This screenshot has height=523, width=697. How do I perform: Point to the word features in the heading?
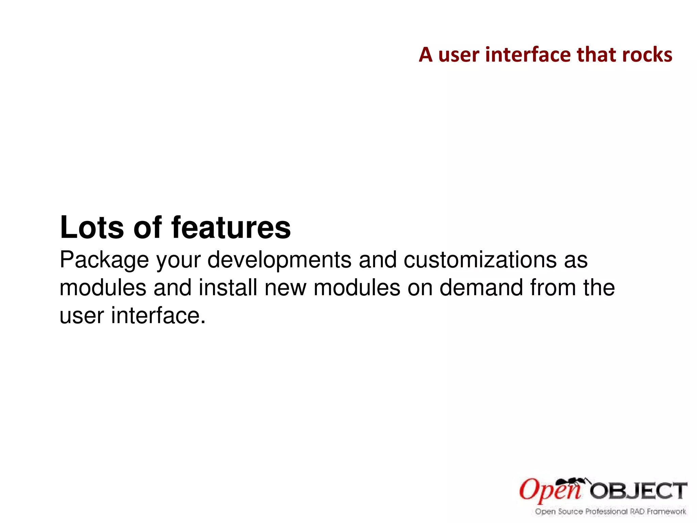(x=231, y=227)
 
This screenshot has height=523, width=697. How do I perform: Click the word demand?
(x=481, y=288)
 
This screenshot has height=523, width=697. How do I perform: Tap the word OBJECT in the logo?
(x=638, y=491)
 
